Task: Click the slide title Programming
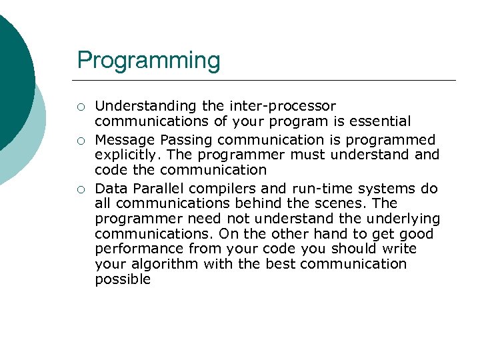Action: tap(148, 60)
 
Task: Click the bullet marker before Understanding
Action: tap(80, 107)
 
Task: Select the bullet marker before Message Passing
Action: tap(80, 141)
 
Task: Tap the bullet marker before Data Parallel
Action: tap(80, 189)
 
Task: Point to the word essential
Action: tap(379, 121)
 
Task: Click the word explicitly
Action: tap(126, 155)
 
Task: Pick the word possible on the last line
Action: tap(123, 279)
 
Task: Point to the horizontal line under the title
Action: tap(267, 80)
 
